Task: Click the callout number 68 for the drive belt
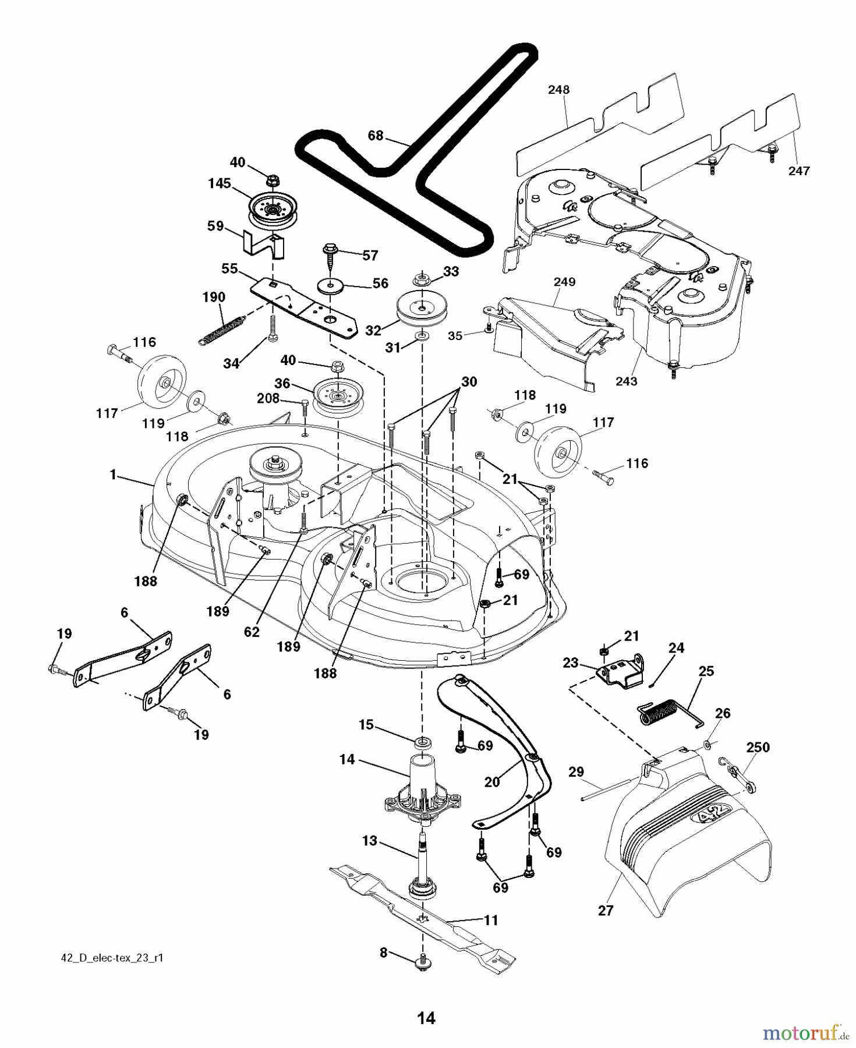point(376,136)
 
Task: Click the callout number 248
point(558,90)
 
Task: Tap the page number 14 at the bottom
point(426,1018)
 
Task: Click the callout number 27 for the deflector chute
point(606,910)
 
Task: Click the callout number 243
point(626,381)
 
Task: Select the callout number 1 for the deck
point(113,475)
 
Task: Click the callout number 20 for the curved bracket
point(492,782)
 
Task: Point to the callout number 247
point(799,171)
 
